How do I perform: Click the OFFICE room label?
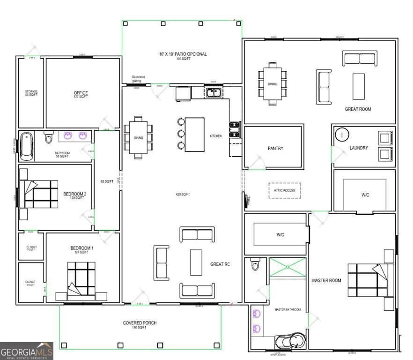click(x=81, y=93)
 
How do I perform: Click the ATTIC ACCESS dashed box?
click(x=285, y=190)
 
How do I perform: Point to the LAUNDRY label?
click(x=359, y=148)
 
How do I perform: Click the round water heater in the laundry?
click(x=342, y=135)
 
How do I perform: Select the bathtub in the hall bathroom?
click(x=27, y=144)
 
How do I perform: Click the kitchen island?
click(x=194, y=135)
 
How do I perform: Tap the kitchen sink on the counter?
click(x=214, y=93)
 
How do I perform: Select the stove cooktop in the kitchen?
click(x=235, y=129)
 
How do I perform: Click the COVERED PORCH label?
click(x=140, y=323)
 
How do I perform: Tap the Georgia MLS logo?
click(x=27, y=351)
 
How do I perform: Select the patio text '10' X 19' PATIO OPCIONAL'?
click(x=182, y=54)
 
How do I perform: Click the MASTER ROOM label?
click(x=326, y=280)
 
